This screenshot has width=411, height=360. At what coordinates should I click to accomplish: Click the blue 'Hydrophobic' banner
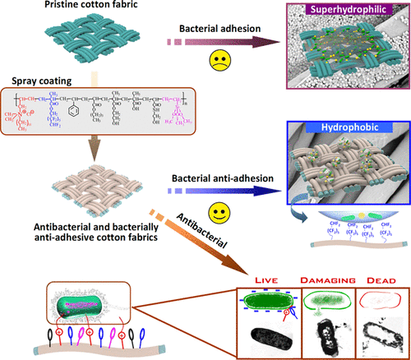[351, 130]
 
